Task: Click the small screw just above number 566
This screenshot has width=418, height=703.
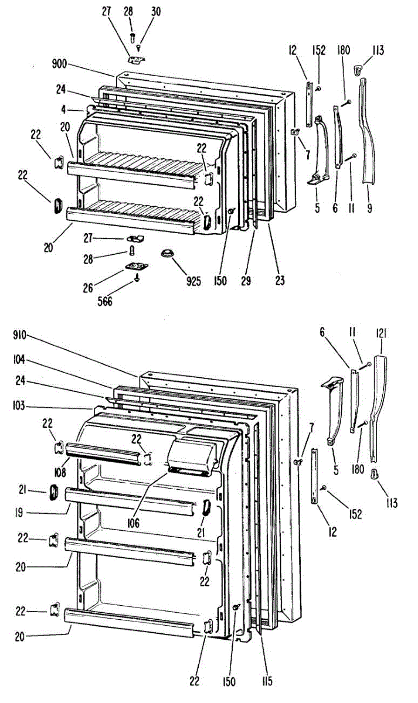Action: click(x=137, y=279)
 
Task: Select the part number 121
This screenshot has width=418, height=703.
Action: click(x=382, y=333)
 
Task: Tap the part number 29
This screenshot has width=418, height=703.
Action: click(x=246, y=281)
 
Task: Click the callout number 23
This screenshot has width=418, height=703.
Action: click(x=280, y=281)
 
